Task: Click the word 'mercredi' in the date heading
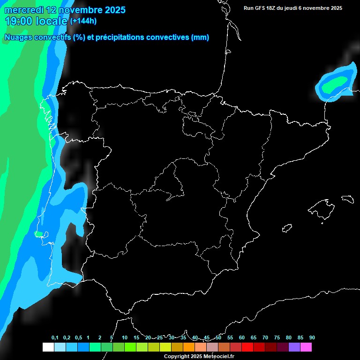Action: (24, 10)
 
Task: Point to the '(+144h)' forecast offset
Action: (83, 21)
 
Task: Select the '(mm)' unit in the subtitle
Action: (200, 37)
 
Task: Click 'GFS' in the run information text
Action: (261, 8)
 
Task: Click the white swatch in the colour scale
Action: (48, 347)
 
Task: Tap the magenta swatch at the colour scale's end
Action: (306, 347)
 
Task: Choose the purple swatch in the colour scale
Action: (294, 347)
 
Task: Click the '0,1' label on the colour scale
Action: (55, 338)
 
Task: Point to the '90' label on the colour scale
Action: (312, 338)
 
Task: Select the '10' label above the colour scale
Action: (125, 338)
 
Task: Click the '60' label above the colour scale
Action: (242, 338)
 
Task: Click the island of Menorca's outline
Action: (347, 199)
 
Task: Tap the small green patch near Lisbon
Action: (39, 233)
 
